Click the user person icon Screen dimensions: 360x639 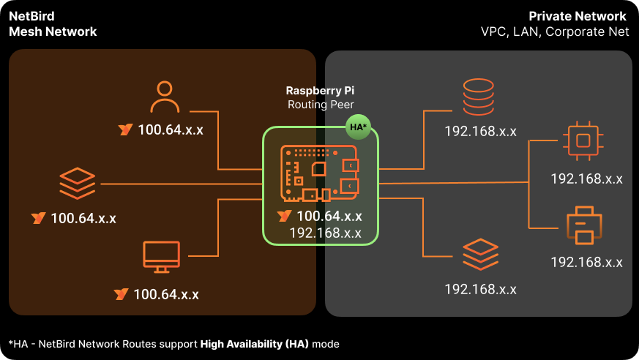[165, 97]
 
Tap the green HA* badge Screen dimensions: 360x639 [358, 127]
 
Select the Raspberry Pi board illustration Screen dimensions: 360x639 [319, 173]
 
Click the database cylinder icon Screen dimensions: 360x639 [480, 98]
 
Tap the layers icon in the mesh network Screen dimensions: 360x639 [78, 182]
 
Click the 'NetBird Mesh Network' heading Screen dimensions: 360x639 [53, 24]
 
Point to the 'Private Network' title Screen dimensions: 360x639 [578, 16]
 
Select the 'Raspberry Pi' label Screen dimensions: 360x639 [320, 91]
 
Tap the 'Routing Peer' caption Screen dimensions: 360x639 [320, 105]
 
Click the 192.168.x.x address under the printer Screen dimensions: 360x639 [586, 262]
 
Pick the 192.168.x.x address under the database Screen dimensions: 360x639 [480, 132]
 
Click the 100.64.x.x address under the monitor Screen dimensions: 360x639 [165, 294]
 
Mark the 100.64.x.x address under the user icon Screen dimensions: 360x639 [170, 130]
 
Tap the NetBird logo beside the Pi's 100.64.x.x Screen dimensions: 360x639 [285, 216]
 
